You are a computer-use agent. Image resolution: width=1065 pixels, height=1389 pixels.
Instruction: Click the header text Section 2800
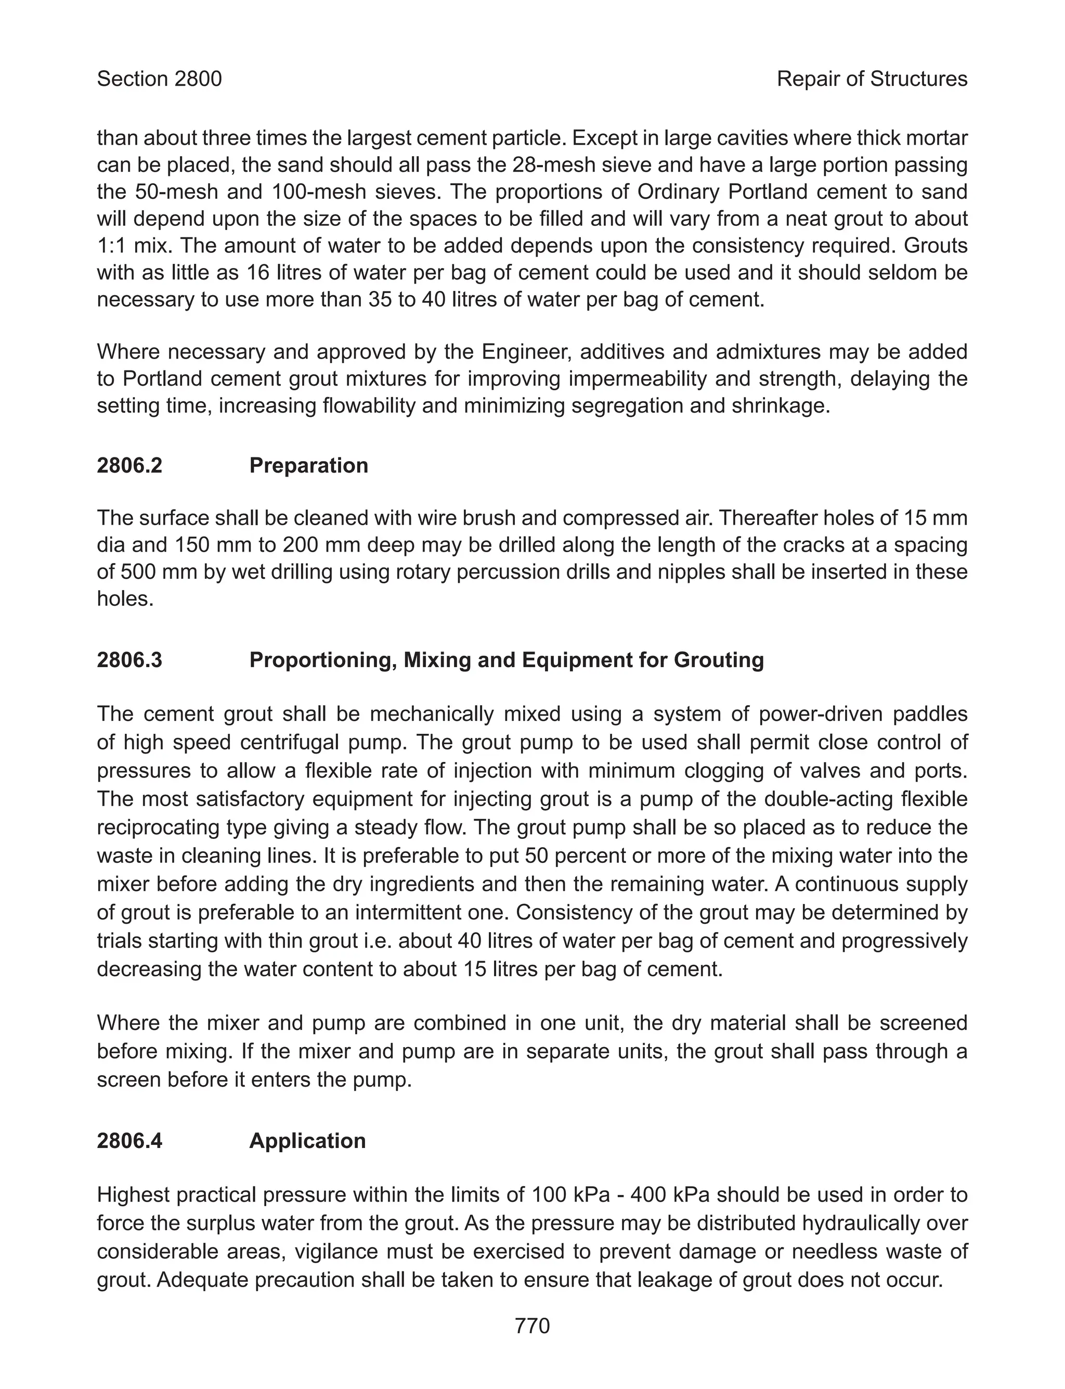(159, 79)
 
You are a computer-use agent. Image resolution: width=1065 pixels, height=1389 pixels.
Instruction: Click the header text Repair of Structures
(872, 79)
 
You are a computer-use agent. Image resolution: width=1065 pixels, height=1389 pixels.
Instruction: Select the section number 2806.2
(129, 466)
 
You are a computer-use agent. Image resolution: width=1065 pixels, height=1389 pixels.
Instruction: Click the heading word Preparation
(309, 466)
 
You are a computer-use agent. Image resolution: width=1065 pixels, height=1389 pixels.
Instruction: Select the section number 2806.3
(129, 660)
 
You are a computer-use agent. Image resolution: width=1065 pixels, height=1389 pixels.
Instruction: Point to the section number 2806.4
(129, 1141)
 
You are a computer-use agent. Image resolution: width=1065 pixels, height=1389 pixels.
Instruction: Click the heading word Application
(307, 1141)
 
